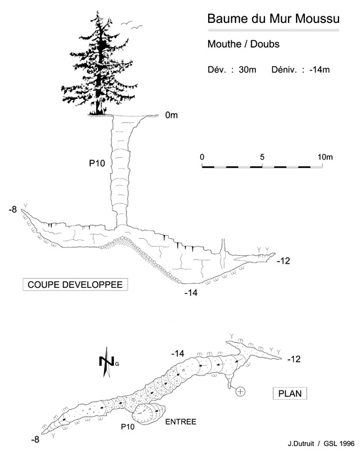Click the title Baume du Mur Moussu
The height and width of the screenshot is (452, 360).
pos(273,18)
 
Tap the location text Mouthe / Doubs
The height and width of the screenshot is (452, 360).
pos(243,44)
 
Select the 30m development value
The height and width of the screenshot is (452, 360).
pos(247,70)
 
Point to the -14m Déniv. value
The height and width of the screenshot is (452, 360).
pos(319,70)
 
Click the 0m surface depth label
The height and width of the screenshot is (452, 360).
pos(171,115)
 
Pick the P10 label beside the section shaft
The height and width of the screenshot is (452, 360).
pos(97,164)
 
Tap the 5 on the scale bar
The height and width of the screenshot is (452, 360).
pos(262,157)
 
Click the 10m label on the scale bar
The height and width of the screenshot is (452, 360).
pos(325,157)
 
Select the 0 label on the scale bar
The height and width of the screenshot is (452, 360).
pos(202,157)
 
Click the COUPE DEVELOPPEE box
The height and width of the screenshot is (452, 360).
pos(75,285)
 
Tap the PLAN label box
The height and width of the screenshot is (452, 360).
pos(290,394)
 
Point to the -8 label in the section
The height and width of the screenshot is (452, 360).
pos(13,209)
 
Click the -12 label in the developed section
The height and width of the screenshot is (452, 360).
pos(283,261)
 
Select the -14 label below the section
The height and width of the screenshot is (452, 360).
pos(191,293)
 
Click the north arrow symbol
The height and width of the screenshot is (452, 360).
pos(107,362)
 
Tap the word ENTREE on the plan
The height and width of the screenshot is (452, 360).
pos(181,422)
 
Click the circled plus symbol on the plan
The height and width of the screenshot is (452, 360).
pos(240,391)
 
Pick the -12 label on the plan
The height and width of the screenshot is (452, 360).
pos(294,359)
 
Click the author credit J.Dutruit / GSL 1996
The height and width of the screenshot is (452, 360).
pos(321,443)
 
